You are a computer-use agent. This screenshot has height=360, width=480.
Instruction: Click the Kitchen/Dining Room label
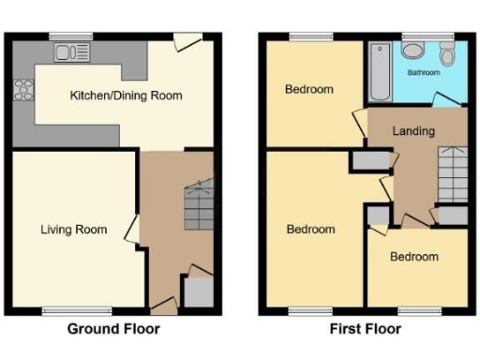(127, 96)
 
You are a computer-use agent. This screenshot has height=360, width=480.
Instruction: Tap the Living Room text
(73, 229)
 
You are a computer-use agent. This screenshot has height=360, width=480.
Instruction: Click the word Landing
(413, 131)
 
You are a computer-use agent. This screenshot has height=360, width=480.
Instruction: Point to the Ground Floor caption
(113, 329)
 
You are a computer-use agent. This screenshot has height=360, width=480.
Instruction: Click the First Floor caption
(365, 329)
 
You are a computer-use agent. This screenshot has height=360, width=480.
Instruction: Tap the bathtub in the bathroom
(382, 73)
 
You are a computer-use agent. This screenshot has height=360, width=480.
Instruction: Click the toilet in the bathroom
(448, 55)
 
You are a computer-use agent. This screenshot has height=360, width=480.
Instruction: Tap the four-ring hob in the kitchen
(22, 92)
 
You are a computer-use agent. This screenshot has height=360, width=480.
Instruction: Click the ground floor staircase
(201, 207)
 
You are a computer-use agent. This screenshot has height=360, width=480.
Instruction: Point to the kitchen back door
(187, 41)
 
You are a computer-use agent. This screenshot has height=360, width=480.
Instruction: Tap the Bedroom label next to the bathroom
(309, 90)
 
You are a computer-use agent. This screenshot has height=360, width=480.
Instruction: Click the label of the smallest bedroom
(414, 257)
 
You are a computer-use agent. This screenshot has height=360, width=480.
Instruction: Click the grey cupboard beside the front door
(198, 293)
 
